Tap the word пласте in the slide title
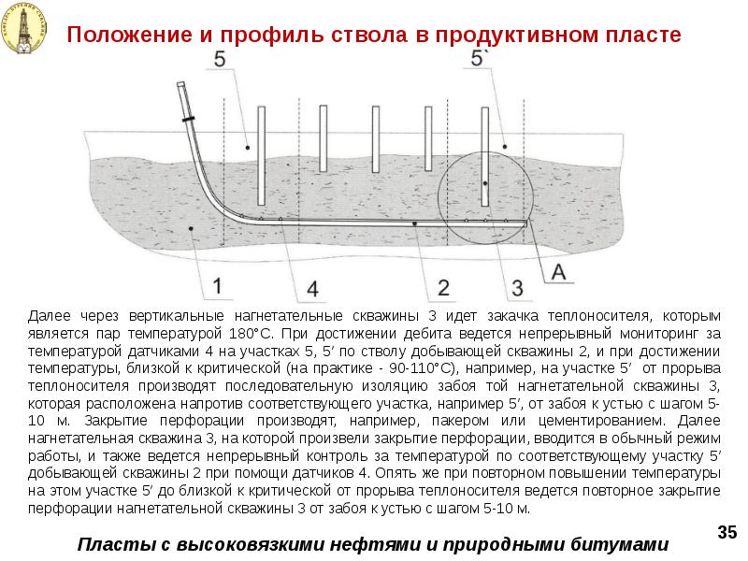[635, 36]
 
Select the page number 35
[726, 532]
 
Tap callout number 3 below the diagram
[516, 284]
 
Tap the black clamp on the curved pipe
[190, 121]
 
